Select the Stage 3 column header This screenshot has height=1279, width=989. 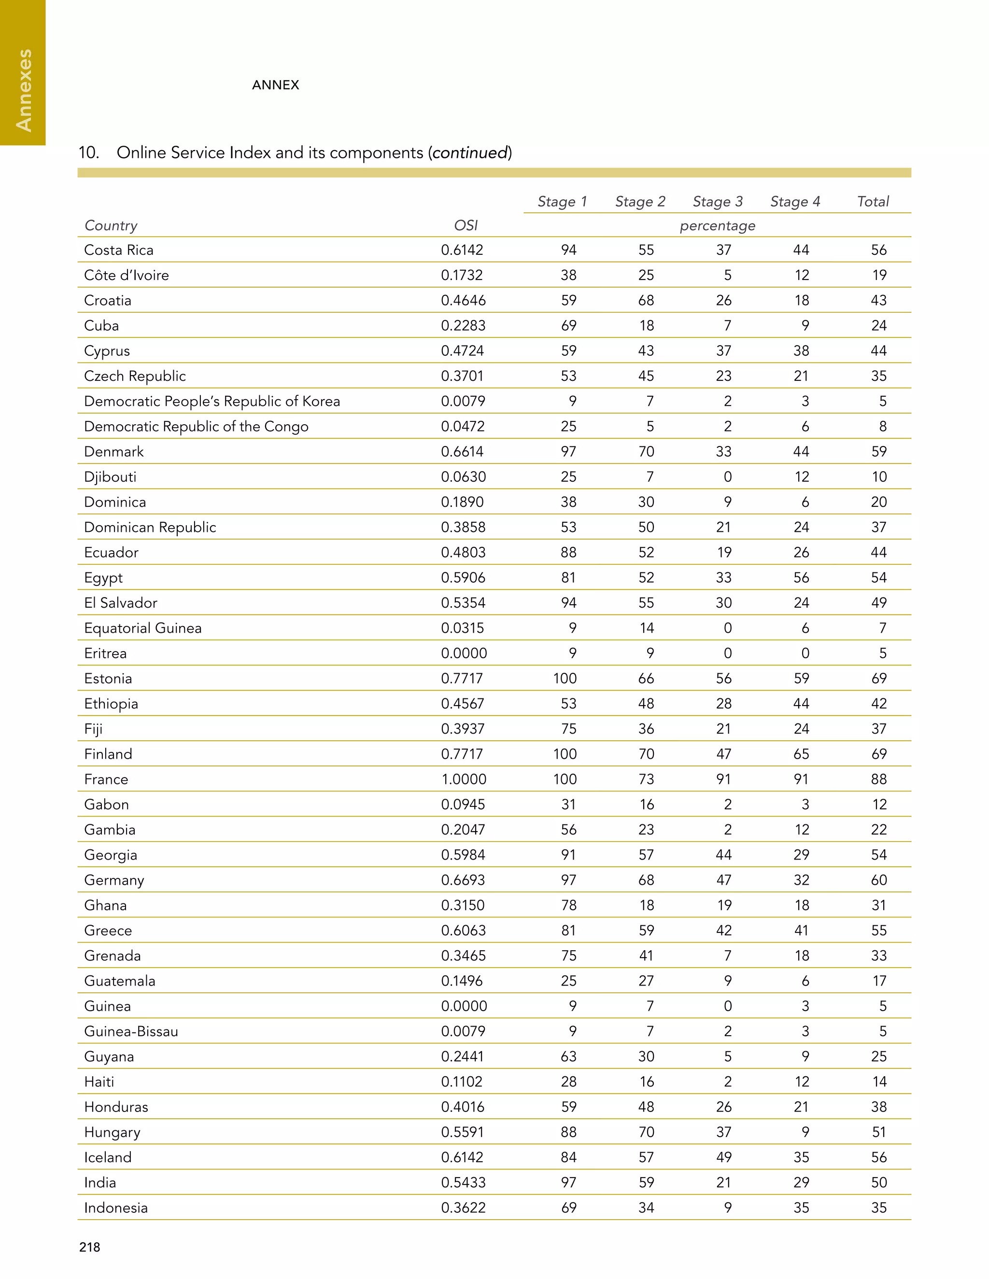(x=717, y=201)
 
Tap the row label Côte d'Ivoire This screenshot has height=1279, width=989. (x=126, y=275)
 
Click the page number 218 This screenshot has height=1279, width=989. (x=90, y=1247)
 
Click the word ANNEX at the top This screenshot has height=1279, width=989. (x=275, y=85)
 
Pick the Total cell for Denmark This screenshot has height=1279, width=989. (x=878, y=452)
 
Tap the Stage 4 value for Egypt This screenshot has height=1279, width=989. (x=801, y=577)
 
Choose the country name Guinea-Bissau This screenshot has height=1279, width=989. (x=131, y=1031)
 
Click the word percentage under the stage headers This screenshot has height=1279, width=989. (x=717, y=225)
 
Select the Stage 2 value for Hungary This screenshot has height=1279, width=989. (x=646, y=1132)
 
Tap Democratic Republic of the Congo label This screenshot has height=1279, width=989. (x=196, y=426)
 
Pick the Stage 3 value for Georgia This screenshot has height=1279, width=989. (x=723, y=854)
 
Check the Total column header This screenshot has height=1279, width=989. (x=873, y=201)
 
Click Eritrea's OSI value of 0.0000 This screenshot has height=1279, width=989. (x=464, y=653)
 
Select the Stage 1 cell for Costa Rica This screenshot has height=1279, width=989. (x=568, y=250)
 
